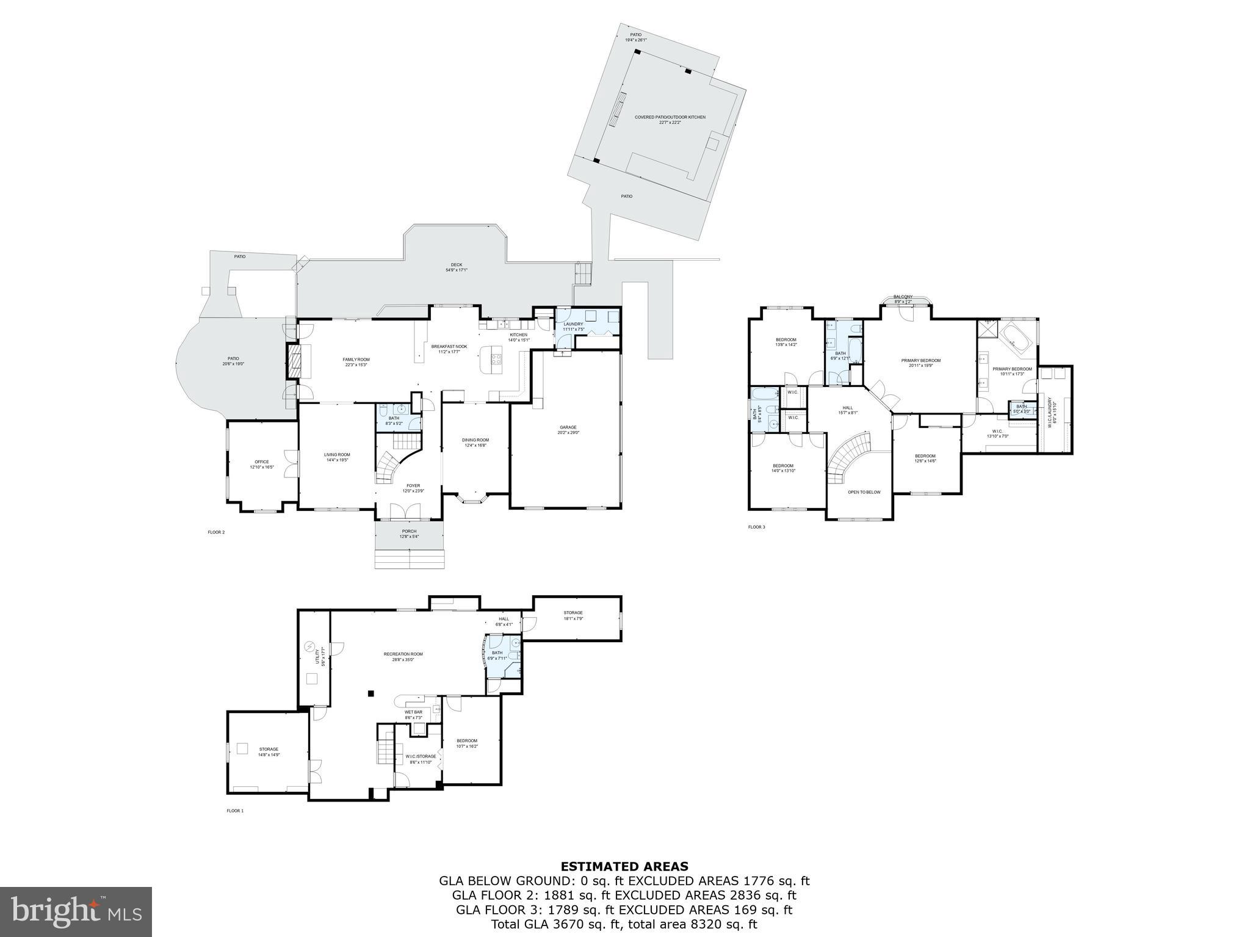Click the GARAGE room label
[568, 427]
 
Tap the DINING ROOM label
[475, 440]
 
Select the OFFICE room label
[262, 462]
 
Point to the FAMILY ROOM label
[356, 360]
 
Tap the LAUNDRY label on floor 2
[573, 324]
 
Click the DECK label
[457, 265]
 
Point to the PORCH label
[409, 531]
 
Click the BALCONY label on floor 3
[903, 297]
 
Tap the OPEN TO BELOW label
[864, 492]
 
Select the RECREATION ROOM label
[403, 654]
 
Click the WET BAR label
[413, 712]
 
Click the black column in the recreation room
[370, 693]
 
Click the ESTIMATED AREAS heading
[624, 866]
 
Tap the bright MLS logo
[76, 911]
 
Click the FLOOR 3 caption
[756, 527]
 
